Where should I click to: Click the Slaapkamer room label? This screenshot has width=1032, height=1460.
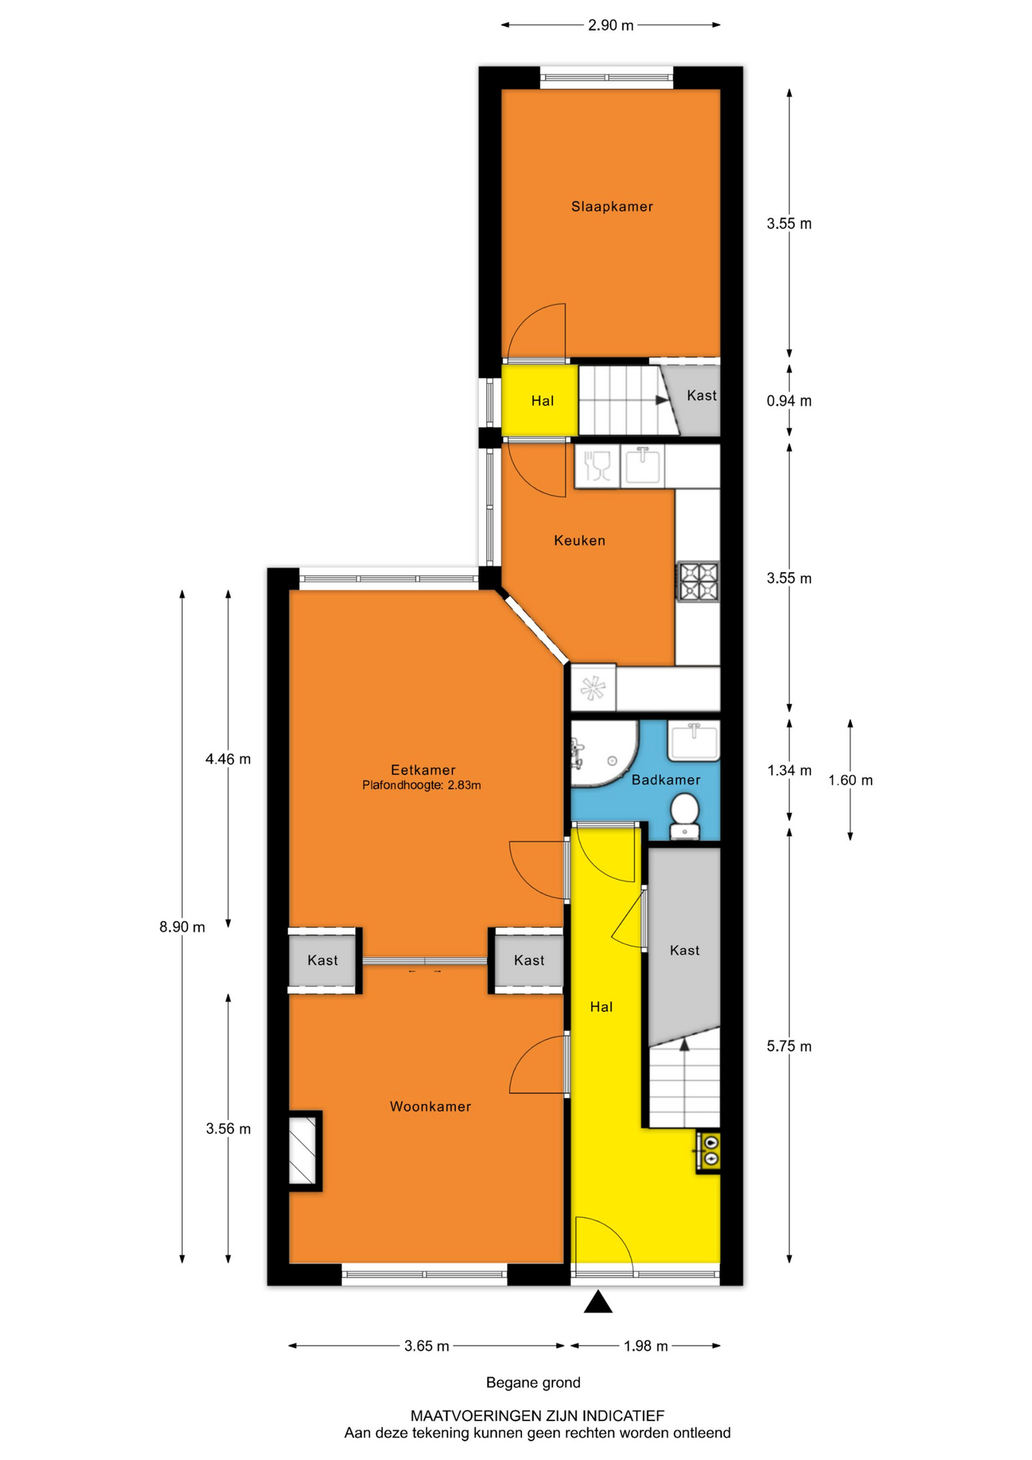(x=612, y=206)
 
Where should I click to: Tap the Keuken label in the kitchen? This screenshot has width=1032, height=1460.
(x=579, y=541)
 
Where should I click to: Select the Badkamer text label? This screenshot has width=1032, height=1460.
(x=666, y=779)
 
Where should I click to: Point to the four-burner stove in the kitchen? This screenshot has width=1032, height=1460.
(x=698, y=582)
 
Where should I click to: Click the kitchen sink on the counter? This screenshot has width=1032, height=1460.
(x=642, y=465)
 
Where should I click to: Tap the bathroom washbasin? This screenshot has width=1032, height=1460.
(x=693, y=741)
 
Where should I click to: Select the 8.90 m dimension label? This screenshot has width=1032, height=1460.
(x=182, y=927)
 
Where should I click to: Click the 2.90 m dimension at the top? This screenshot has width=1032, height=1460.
(x=610, y=25)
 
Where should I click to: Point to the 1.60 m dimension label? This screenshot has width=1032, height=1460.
(x=850, y=780)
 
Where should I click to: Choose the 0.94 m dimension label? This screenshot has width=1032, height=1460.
(x=789, y=401)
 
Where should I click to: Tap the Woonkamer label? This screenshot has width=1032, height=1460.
(x=430, y=1106)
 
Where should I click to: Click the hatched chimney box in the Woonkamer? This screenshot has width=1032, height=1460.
(x=304, y=1151)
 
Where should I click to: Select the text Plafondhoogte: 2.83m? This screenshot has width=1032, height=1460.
(x=422, y=786)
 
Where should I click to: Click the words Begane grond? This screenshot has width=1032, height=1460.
(x=533, y=1382)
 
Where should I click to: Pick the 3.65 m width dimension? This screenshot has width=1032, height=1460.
(x=426, y=1346)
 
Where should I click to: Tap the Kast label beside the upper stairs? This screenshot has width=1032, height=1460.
(x=701, y=395)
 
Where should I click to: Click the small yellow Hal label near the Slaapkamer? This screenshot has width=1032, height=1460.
(x=543, y=401)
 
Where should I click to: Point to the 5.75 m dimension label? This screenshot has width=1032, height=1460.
(x=789, y=1046)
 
